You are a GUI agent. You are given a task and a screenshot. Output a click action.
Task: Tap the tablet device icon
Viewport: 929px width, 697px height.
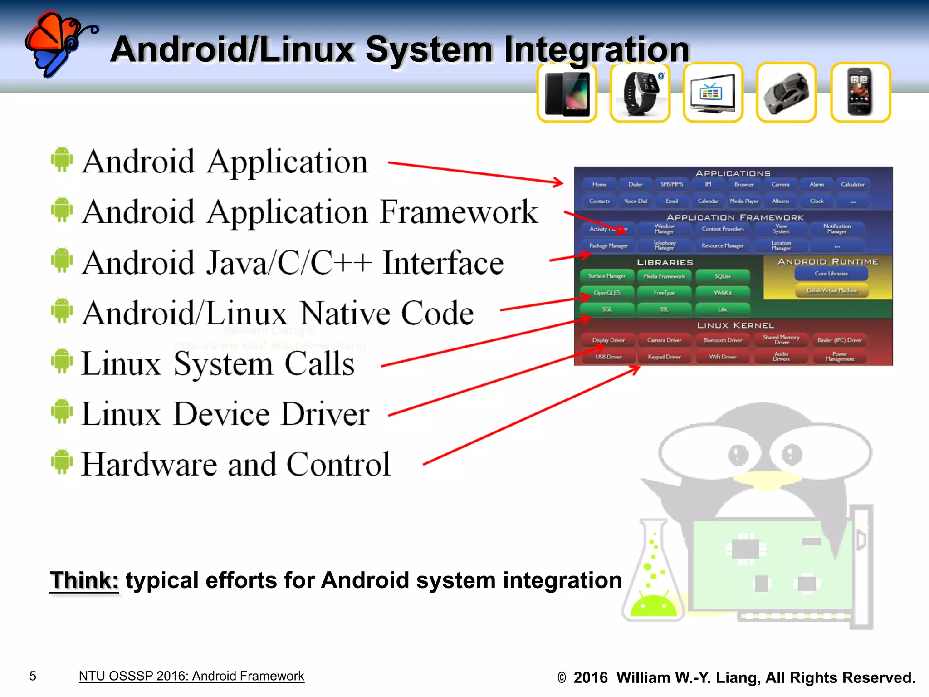click(x=567, y=93)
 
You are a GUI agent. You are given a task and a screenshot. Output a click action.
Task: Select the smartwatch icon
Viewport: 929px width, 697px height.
click(x=640, y=93)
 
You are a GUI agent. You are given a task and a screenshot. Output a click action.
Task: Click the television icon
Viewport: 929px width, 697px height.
click(x=713, y=93)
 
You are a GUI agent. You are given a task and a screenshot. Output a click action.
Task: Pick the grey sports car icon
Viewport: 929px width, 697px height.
click(x=787, y=93)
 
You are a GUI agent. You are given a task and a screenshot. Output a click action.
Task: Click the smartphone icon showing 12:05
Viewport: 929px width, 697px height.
click(x=861, y=93)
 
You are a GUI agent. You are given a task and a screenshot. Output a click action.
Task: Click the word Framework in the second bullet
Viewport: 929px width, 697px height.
click(x=459, y=212)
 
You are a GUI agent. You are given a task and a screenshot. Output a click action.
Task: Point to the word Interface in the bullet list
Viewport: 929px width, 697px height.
click(x=443, y=263)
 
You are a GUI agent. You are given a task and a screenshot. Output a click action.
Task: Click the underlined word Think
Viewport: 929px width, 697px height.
click(x=84, y=580)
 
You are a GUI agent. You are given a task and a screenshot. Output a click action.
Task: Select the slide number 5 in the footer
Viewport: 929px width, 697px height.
click(x=33, y=676)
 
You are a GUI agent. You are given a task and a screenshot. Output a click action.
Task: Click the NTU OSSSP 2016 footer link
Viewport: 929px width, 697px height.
click(x=191, y=676)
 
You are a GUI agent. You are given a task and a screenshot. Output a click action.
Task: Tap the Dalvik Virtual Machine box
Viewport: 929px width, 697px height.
click(x=831, y=290)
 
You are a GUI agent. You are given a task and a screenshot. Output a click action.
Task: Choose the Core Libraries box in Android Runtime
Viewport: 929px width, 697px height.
click(x=831, y=274)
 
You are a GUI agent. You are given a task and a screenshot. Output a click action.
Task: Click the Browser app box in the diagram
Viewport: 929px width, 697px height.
click(x=744, y=185)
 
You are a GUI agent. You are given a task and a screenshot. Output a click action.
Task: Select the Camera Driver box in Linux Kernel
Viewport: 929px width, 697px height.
click(x=664, y=340)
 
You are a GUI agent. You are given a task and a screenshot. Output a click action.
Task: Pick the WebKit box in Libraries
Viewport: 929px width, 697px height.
click(x=723, y=293)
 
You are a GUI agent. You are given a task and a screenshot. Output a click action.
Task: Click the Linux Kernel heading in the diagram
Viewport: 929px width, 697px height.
click(x=735, y=325)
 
